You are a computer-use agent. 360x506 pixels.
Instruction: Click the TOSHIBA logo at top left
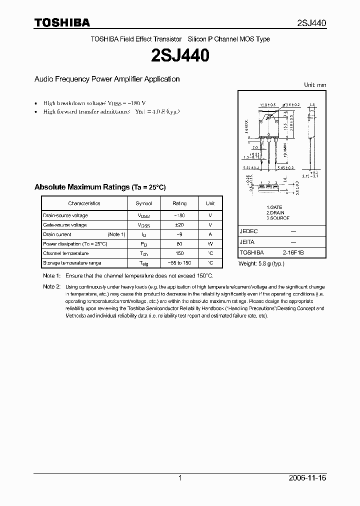pos(62,22)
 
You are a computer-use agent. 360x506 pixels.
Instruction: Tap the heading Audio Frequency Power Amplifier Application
pos(106,79)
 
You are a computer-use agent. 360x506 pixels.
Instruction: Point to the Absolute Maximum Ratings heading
pos(99,187)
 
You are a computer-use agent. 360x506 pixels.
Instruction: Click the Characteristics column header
pos(84,203)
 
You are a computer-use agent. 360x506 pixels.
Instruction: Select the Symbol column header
pos(142,203)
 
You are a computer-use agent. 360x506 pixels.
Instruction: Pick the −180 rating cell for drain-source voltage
pos(179,215)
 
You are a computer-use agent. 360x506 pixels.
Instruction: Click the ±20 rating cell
pos(179,225)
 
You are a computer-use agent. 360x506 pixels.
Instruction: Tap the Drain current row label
pos(57,234)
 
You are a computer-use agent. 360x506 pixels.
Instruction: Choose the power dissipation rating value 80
pos(179,244)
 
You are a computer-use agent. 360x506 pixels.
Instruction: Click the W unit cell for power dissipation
pos(210,244)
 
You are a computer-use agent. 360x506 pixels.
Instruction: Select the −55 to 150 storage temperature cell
pos(179,263)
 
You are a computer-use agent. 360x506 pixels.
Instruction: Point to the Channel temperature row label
pos(65,253)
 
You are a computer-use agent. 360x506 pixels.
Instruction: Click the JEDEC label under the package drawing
pos(248,231)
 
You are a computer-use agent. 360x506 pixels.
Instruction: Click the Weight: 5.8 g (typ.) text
pos(261,263)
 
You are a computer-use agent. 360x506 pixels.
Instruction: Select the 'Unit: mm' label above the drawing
pos(314,85)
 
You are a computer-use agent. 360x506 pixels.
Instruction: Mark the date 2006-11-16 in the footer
pos(307,478)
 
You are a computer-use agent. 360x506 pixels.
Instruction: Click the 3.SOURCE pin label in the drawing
pos(278,218)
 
